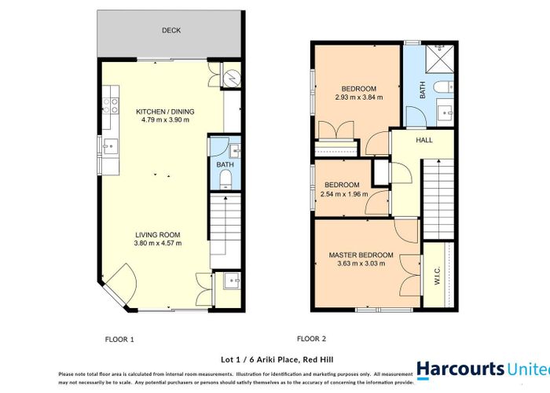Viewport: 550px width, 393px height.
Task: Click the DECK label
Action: point(170,31)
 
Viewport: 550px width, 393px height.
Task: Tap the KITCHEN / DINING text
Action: point(165,112)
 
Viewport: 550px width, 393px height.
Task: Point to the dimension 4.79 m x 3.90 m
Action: point(167,121)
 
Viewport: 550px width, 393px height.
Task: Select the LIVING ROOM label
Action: point(157,234)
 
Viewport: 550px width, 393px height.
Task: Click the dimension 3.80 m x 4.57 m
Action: point(157,244)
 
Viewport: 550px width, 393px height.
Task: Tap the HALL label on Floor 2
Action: point(423,141)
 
